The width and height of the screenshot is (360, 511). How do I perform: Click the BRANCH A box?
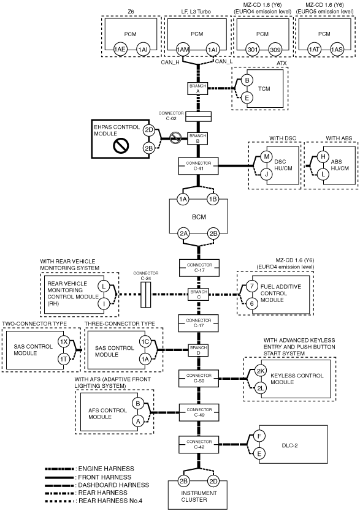pos(198,89)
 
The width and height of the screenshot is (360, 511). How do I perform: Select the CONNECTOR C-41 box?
pos(198,166)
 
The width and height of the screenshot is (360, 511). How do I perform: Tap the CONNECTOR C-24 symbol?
pos(145,295)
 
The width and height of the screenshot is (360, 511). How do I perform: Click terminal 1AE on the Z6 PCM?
pos(120,50)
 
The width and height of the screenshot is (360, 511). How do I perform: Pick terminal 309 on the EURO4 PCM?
pos(275,50)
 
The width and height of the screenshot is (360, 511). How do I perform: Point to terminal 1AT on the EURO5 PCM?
pos(314,50)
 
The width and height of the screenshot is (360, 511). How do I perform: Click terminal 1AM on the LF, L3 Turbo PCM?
pos(183,50)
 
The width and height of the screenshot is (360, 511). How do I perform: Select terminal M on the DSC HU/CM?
pos(266,157)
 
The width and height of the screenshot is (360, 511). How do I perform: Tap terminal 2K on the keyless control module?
pos(261,371)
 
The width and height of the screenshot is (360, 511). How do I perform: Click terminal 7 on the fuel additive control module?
pos(251,287)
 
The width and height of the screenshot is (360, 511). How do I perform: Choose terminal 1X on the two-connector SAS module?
pos(64,341)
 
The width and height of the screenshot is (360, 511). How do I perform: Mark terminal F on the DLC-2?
pos(259,436)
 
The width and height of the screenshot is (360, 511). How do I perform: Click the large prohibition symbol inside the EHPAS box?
pos(121,146)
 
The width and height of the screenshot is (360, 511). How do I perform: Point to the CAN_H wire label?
pos(170,62)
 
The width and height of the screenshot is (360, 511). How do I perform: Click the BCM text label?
pos(199,217)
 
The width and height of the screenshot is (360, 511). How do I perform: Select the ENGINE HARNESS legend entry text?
pos(106,469)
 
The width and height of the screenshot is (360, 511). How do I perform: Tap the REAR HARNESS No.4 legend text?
pos(110,501)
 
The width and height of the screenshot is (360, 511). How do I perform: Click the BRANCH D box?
pos(198,350)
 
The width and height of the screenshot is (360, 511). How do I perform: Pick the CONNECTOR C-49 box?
pos(199,412)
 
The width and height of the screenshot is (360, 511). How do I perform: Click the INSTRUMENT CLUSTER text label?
pos(199,496)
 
